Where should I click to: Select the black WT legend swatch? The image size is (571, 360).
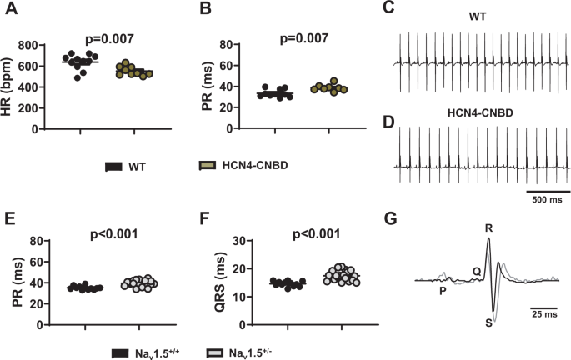(115, 167)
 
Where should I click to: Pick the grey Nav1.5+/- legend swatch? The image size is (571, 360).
(215, 353)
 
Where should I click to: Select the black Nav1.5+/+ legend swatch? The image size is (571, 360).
(119, 353)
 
